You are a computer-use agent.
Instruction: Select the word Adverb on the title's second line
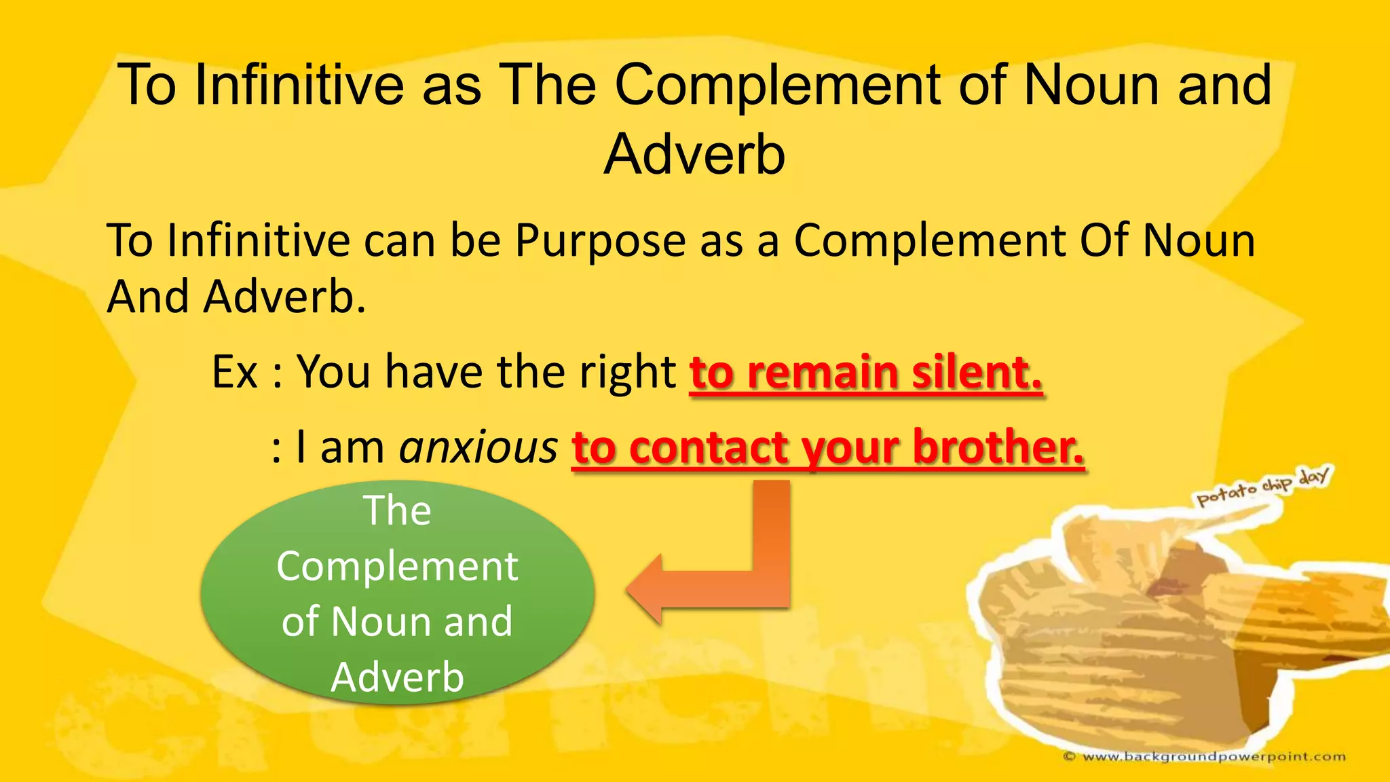[x=694, y=155]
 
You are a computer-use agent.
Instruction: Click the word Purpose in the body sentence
[x=601, y=242]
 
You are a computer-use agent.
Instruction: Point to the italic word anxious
[x=478, y=448]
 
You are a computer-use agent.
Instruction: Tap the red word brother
[x=998, y=448]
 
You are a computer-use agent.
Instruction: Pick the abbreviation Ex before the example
[x=235, y=372]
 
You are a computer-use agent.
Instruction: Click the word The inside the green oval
[x=397, y=510]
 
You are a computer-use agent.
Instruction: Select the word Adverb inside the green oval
[x=397, y=677]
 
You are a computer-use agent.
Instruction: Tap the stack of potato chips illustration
[x=1167, y=631]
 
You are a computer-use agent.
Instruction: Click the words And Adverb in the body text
[x=236, y=297]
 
